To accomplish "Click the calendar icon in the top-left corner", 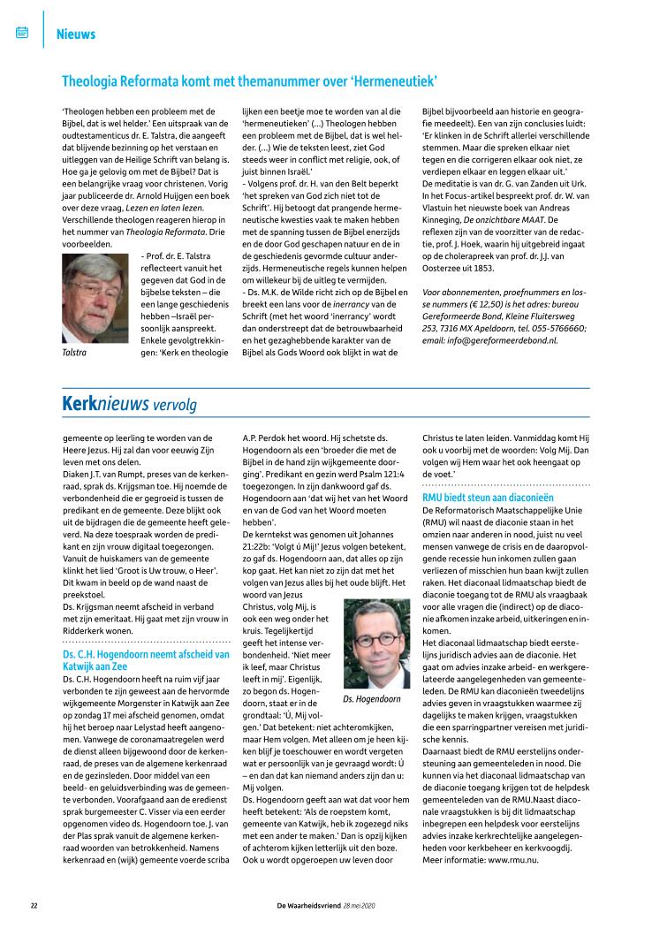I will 23,34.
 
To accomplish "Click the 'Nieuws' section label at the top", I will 75,34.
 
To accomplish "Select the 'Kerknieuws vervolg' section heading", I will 129,405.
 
